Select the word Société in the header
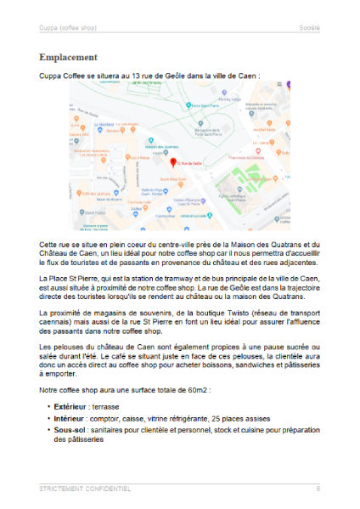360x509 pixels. pos(309,28)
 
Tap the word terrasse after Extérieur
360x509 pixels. pos(111,407)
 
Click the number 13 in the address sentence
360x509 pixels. pos(126,75)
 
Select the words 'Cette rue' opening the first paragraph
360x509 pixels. pos(53,244)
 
